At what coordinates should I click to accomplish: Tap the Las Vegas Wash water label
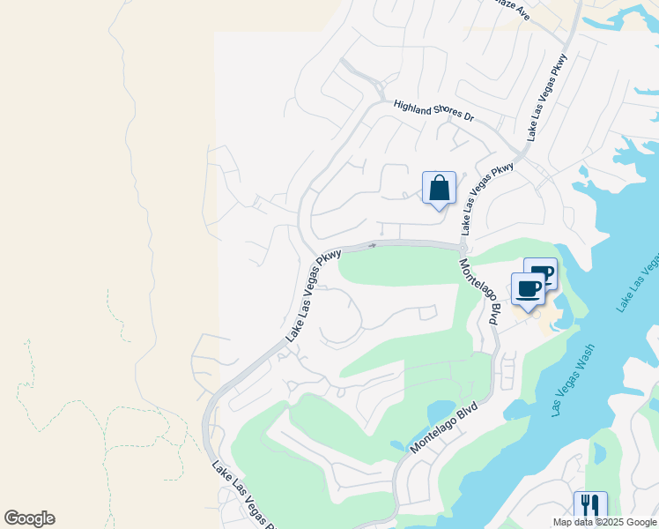pos(582,379)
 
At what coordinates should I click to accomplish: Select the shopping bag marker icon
pos(440,189)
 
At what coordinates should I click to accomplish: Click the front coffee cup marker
pos(528,290)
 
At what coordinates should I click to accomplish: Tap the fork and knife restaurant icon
pos(589,507)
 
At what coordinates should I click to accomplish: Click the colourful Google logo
pos(29,518)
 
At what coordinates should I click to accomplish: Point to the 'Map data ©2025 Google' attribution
pos(604,522)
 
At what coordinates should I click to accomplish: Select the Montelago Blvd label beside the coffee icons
pos(479,287)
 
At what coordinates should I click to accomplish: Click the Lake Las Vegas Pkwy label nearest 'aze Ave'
pos(547,96)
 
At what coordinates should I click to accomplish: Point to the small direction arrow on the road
pos(373,245)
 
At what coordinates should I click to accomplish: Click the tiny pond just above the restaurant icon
pos(600,453)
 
